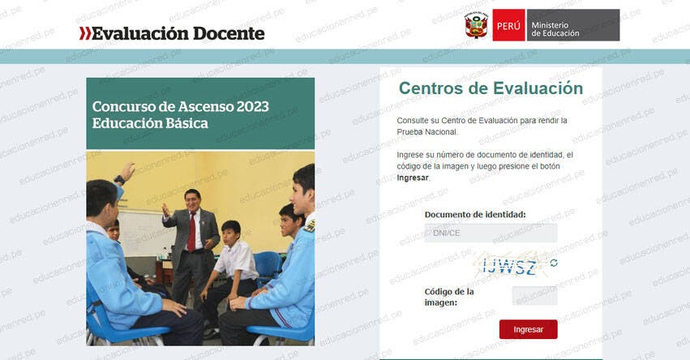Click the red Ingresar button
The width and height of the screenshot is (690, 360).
[x=528, y=329]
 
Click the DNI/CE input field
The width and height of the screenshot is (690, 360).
[x=491, y=234]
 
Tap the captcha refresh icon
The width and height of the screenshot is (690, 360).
[x=554, y=263]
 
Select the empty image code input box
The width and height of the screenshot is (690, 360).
[x=534, y=296]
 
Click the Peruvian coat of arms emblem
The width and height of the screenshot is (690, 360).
[x=476, y=25]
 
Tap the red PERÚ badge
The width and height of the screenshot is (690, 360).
[x=508, y=26]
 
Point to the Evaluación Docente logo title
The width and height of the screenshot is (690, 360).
[x=178, y=33]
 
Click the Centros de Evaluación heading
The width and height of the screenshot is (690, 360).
[x=491, y=88]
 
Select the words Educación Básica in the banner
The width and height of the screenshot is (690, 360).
[x=150, y=123]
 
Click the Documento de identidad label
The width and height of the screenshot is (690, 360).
[x=474, y=215]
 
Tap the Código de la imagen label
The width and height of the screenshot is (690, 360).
[x=448, y=297]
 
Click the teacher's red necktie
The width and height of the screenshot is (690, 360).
[x=191, y=231]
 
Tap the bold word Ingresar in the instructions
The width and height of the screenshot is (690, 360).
[x=413, y=177]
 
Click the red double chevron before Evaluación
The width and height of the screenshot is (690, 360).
[x=84, y=33]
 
